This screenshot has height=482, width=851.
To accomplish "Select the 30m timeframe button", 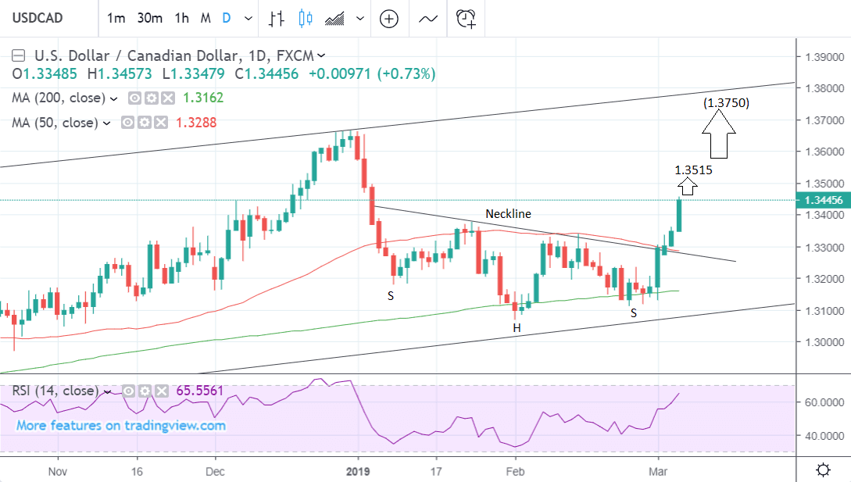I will coord(148,18).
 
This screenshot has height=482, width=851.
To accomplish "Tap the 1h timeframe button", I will coord(182,18).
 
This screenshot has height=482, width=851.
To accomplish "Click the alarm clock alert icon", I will coord(467,18).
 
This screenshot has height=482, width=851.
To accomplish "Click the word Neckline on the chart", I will coord(508,213).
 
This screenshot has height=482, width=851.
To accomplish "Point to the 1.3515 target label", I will coord(693,169).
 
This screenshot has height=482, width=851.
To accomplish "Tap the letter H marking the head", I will coord(517,328).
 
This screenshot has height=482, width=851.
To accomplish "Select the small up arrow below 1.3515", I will coord(688,187).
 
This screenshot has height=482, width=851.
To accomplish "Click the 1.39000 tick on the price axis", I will coord(819,58).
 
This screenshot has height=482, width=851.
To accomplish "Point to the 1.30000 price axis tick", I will coord(819,342).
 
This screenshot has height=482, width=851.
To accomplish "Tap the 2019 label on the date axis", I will coord(359,472).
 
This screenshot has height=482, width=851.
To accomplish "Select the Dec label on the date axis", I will coord(215,472).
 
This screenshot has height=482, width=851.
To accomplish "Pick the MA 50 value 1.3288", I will coord(197,123).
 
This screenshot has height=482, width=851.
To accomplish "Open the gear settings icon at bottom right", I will coord(823,470).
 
